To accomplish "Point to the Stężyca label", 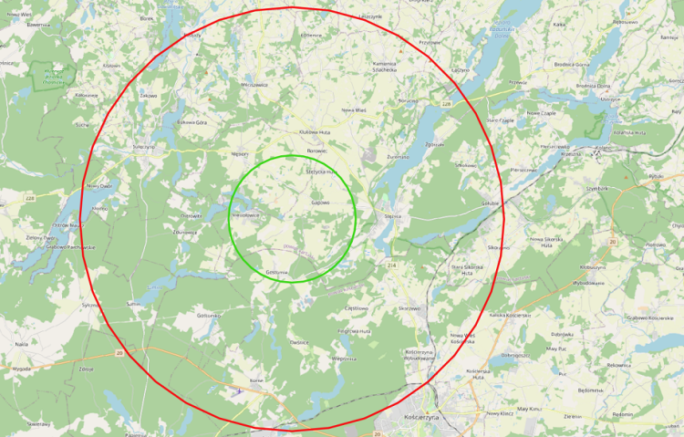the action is click(393, 216).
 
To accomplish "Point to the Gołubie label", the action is click(492, 204).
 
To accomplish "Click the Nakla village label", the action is click(21, 344).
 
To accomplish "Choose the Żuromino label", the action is click(398, 157).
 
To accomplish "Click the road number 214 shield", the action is click(392, 265).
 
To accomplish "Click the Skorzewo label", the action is click(409, 308).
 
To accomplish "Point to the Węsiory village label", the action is click(241, 154).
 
